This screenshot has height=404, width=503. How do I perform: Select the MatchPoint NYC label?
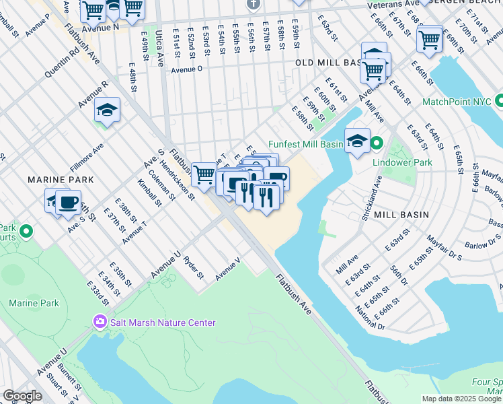[456, 102]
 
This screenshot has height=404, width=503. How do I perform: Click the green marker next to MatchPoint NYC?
[499, 102]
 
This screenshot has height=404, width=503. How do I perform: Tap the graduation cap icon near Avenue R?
[107, 109]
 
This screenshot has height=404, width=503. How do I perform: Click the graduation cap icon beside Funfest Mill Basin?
[357, 140]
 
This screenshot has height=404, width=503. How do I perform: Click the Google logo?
[22, 397]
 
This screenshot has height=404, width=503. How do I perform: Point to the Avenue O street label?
[186, 69]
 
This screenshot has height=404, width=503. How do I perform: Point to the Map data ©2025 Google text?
[461, 399]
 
